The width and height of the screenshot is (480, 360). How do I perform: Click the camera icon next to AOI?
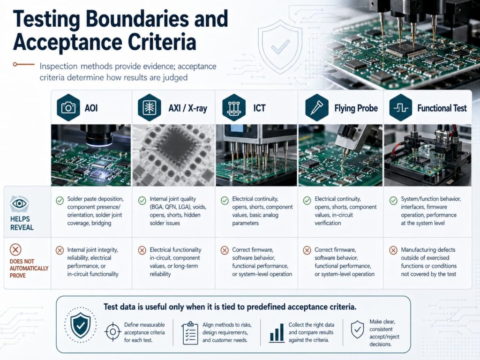68,108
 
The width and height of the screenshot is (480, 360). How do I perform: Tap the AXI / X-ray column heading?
187,108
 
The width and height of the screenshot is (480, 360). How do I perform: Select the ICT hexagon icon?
234,108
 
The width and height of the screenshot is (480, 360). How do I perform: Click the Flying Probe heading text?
356,108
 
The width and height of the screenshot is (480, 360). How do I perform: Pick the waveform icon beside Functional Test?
401,108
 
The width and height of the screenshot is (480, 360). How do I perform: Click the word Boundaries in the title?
137,18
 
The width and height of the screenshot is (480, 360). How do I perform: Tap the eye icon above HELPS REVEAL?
19,204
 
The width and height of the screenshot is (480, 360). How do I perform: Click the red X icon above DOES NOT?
15,250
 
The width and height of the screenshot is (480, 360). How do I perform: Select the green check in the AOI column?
60,201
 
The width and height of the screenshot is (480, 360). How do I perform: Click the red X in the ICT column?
225,250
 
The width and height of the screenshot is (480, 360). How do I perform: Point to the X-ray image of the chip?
173,155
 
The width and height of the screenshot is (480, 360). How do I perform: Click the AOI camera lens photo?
91,155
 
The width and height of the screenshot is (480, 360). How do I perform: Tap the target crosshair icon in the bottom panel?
112,332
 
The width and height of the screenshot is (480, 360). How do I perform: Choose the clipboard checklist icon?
190,333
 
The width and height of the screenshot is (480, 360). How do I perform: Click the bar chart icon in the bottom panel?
277,333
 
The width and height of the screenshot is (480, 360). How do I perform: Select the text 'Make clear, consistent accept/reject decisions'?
384,333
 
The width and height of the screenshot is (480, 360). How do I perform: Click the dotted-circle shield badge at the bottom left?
80,325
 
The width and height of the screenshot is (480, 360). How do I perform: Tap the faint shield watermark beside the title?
280,47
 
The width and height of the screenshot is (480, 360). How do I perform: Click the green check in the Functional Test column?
393,201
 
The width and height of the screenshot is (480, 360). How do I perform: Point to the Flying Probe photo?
340,155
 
